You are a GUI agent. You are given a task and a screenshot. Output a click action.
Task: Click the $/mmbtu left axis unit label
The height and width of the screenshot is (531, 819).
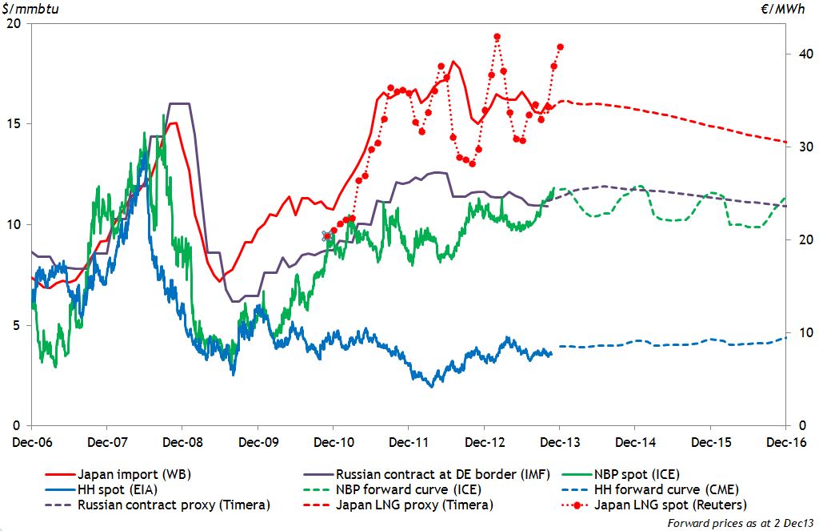coord(26,9)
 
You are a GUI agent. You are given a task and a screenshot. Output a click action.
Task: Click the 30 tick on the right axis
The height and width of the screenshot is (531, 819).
coord(797,147)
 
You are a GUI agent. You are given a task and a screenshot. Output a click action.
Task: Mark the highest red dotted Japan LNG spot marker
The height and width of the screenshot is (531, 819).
coord(497,37)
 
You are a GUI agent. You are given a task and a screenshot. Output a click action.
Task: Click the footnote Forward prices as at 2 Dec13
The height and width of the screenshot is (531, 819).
coord(733,523)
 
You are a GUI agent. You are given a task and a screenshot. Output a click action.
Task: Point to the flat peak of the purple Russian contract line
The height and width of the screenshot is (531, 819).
coord(179,103)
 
